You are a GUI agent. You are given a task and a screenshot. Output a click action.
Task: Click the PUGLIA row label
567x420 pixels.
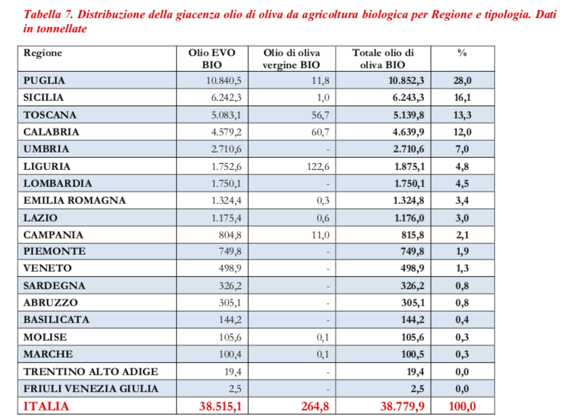click(44, 81)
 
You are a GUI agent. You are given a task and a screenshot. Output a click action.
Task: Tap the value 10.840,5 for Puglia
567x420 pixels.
click(223, 81)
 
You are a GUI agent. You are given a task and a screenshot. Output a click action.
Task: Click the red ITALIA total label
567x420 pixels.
click(47, 406)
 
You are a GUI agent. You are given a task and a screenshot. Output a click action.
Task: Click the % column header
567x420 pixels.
click(462, 53)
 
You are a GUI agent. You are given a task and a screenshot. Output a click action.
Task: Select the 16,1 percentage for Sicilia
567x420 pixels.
click(462, 98)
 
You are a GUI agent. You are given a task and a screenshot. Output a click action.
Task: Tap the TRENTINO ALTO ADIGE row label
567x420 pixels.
click(90, 371)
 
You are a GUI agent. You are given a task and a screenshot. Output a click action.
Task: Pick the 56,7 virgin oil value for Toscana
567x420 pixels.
click(319, 114)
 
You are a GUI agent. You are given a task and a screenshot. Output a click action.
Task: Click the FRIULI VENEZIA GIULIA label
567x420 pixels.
click(91, 388)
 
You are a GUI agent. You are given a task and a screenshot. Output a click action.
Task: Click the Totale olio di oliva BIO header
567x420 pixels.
click(382, 59)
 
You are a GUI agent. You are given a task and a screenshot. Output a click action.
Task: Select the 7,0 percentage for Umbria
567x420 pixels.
click(462, 149)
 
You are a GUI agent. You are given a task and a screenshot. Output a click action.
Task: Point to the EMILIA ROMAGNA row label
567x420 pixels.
click(74, 201)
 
